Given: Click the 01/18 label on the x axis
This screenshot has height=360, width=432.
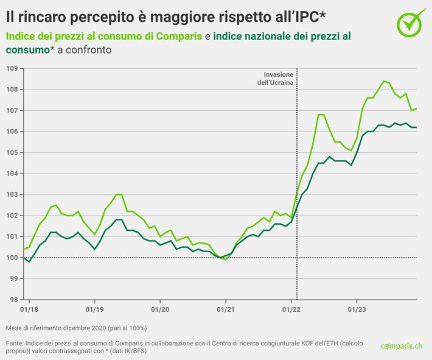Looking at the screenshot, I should [29, 309].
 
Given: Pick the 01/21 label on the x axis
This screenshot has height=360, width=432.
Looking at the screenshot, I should [225, 309].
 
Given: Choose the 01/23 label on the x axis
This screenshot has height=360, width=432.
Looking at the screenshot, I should [357, 309].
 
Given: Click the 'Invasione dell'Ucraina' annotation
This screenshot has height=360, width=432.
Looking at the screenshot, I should [274, 79].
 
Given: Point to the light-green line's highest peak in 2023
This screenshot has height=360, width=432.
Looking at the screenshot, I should [384, 81].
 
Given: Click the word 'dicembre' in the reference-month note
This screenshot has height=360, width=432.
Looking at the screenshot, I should [81, 328].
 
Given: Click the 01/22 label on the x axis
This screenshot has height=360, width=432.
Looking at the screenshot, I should [291, 309].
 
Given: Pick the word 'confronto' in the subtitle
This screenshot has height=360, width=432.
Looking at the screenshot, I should [91, 50].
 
